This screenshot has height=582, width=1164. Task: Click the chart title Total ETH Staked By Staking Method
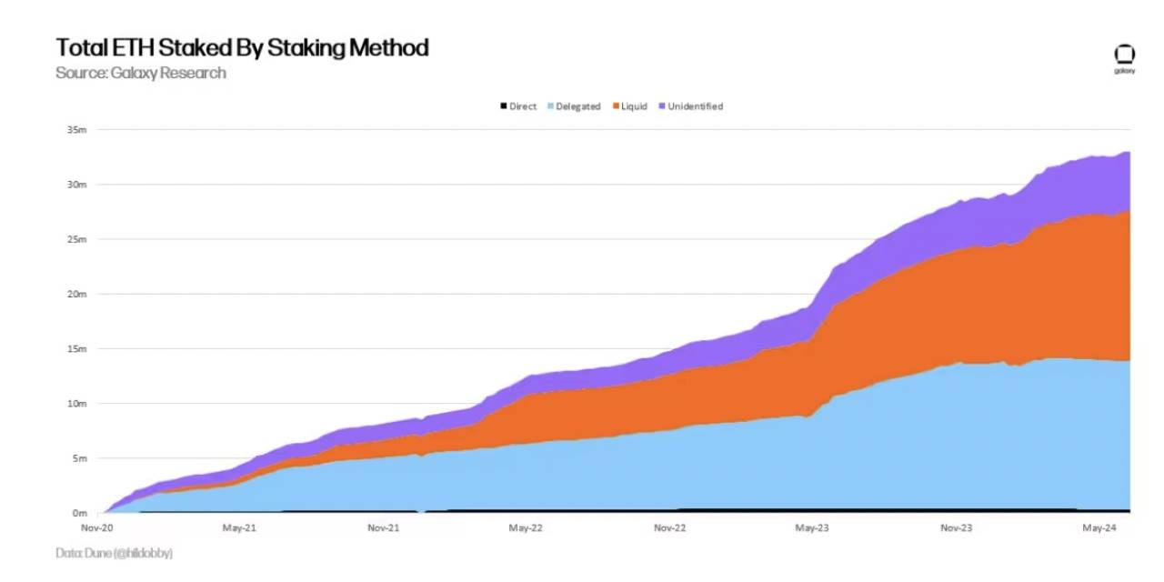tap(242, 47)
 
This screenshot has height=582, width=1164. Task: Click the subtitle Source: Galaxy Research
tap(140, 73)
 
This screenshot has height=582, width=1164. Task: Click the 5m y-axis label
tap(78, 457)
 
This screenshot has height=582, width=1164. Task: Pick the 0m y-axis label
tap(78, 513)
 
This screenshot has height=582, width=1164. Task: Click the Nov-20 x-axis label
tap(97, 527)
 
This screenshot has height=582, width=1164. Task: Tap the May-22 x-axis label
tap(526, 527)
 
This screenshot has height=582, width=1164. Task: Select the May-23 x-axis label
tap(812, 527)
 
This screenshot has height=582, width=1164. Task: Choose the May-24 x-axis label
tap(1099, 527)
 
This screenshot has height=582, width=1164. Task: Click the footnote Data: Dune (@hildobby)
tap(114, 553)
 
